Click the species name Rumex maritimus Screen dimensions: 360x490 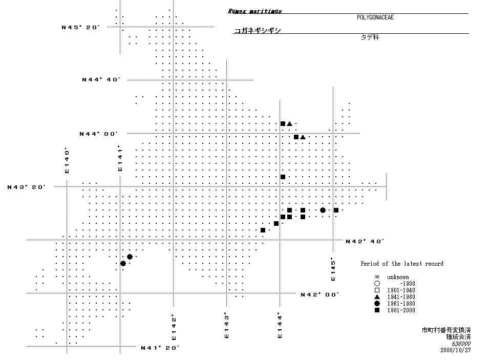(254, 11)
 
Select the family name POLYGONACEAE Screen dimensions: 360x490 (375, 17)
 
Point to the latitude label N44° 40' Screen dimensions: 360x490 (101, 79)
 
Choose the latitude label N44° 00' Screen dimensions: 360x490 (99, 134)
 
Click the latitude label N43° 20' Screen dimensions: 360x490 (27, 187)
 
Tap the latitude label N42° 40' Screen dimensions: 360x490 (365, 241)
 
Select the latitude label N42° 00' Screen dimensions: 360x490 (320, 294)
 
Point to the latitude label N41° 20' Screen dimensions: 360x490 (160, 348)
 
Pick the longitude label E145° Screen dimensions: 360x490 (333, 269)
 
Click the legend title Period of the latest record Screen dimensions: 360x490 (402, 264)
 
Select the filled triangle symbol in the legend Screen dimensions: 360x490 (376, 297)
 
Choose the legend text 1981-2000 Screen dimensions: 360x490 (401, 310)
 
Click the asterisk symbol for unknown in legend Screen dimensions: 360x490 (376, 277)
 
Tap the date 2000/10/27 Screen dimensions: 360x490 (455, 350)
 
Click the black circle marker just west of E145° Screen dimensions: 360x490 (323, 210)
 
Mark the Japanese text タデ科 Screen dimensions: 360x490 (370, 38)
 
